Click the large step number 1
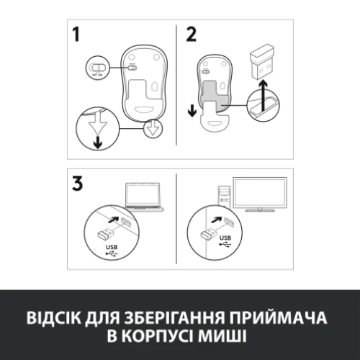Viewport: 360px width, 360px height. click(x=77, y=36)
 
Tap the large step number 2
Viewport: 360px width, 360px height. click(x=191, y=35)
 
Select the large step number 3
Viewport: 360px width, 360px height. click(x=78, y=183)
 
